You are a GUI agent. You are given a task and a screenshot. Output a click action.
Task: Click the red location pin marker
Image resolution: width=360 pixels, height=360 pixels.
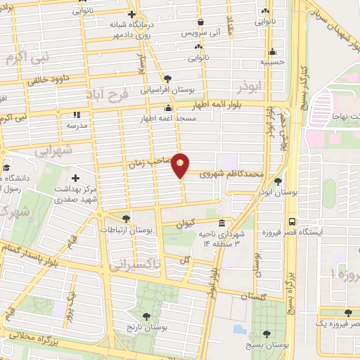click(x=181, y=165)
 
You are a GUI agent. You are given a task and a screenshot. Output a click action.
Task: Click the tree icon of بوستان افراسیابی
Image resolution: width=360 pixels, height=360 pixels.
click(x=167, y=79)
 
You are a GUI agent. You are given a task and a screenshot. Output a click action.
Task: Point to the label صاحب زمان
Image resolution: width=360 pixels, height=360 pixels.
click(x=148, y=163)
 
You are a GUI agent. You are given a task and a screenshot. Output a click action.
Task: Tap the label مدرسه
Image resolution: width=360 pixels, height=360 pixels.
click(x=76, y=124)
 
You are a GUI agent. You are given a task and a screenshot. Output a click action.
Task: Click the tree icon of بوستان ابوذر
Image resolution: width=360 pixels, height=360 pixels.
click(x=278, y=181)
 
